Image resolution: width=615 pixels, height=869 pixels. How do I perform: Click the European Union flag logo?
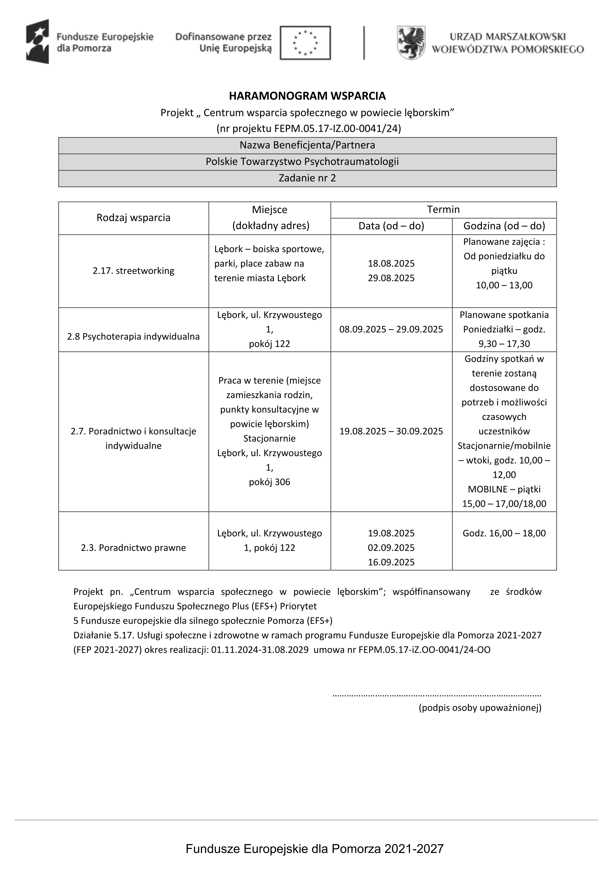point(305,43)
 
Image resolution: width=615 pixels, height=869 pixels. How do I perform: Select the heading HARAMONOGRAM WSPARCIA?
point(307,96)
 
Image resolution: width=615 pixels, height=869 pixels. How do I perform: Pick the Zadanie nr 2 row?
point(307,178)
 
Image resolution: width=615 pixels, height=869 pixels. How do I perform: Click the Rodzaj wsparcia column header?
point(133,218)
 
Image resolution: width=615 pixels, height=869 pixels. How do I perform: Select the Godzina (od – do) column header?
point(504,226)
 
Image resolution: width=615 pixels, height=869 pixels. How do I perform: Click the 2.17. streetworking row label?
point(133,271)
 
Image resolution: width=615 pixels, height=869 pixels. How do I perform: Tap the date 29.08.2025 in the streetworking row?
point(391,278)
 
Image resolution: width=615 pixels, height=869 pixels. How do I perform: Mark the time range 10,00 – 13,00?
point(504,285)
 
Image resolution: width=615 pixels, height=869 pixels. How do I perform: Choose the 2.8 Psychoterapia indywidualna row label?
point(133,336)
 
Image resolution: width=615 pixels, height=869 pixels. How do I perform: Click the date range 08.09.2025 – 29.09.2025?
point(391,329)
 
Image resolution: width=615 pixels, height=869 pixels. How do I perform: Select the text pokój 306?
point(269,482)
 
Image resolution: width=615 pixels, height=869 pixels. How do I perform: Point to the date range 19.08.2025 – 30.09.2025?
point(391,431)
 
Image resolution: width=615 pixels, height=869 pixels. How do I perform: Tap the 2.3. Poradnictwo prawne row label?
point(133,548)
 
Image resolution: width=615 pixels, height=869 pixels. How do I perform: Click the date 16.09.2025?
point(391,562)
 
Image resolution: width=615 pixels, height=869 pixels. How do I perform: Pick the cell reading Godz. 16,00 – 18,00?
point(504,533)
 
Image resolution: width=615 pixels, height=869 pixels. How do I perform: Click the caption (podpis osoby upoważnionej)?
point(480,708)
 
